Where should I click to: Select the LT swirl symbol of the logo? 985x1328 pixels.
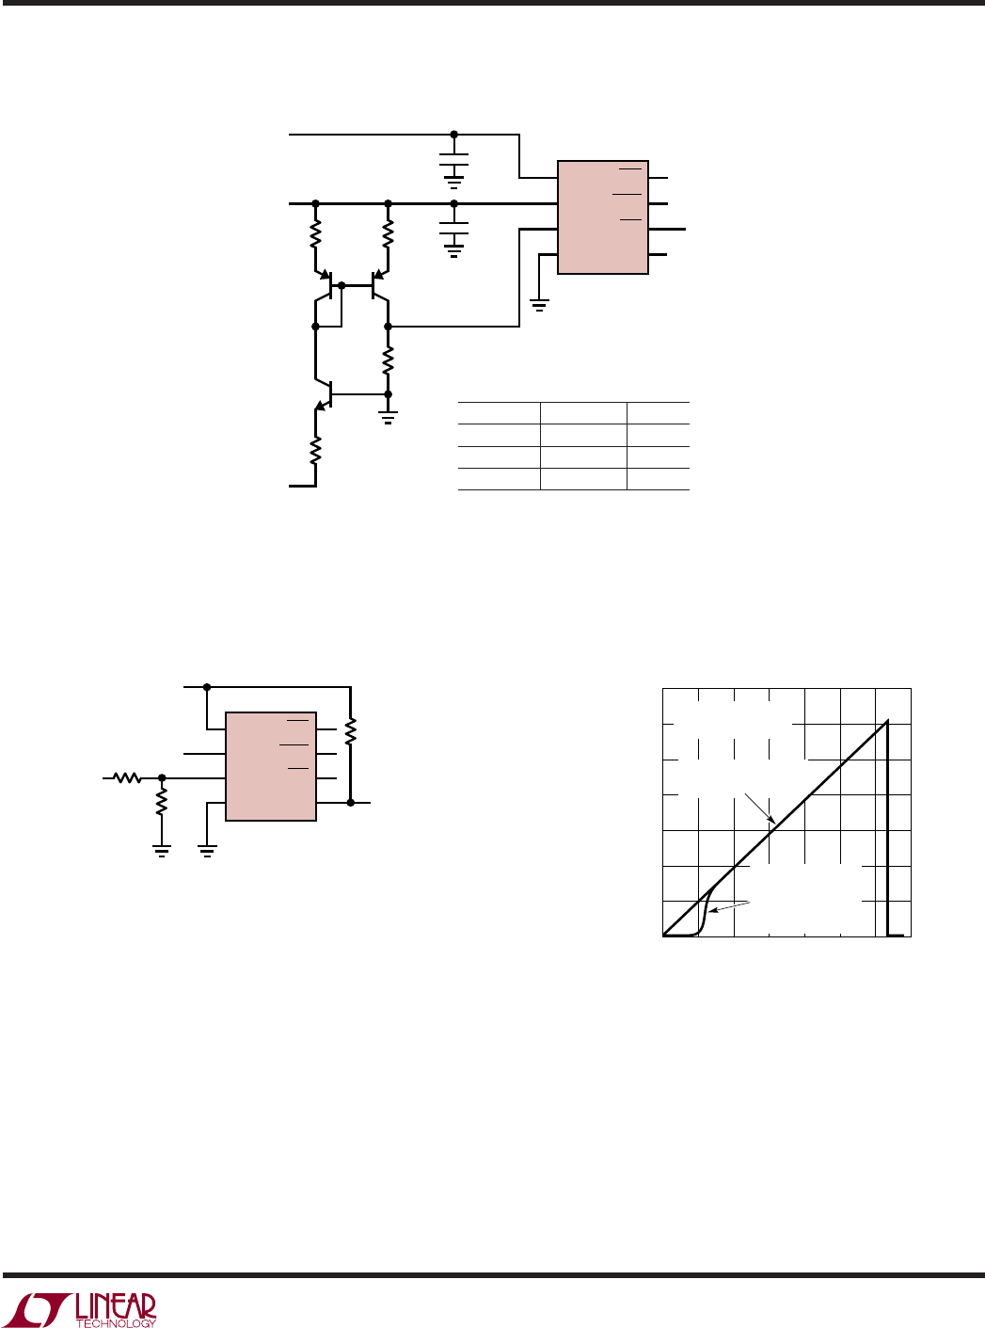coord(40,1307)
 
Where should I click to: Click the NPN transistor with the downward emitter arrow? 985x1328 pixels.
coord(324,394)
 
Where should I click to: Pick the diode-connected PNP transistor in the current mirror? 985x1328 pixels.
coord(325,285)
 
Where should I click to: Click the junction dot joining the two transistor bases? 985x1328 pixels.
coord(342,285)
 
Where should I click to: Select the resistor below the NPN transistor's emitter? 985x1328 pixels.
coord(315,450)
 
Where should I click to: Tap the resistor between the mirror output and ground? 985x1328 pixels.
coord(388,360)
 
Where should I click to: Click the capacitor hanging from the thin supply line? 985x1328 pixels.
coord(453,159)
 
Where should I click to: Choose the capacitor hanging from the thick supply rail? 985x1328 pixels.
coord(453,228)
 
